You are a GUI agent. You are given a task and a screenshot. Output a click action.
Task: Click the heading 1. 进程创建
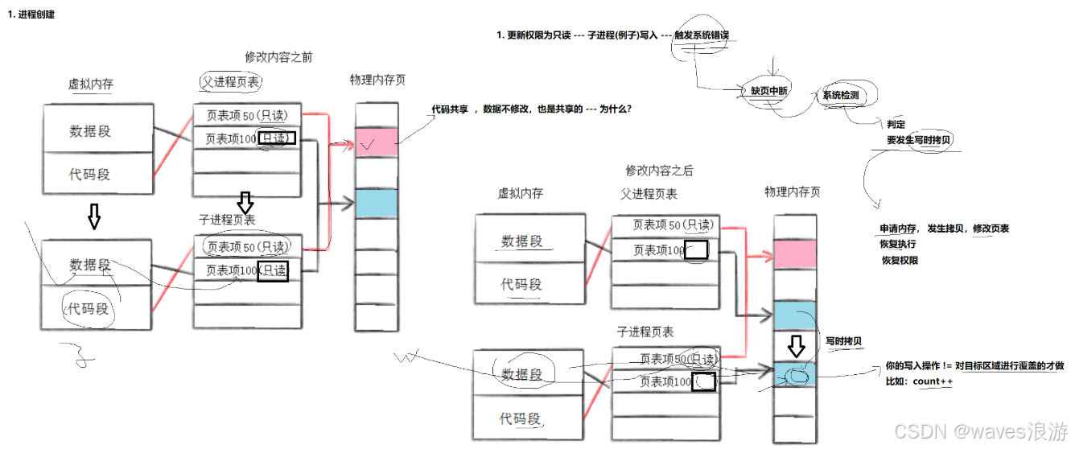pos(31,14)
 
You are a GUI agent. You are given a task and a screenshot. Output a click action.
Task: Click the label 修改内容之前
pos(278,57)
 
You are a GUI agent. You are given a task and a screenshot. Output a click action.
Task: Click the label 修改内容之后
pos(659,171)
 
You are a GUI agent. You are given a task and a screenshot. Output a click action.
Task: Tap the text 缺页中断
pos(769,92)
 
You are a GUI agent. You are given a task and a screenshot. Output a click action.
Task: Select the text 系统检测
pos(840,95)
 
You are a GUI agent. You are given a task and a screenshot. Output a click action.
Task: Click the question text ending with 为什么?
pos(532,108)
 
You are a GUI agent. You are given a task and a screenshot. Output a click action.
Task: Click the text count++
pos(932,381)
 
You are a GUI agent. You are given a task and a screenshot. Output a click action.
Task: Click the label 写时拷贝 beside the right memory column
pos(844,341)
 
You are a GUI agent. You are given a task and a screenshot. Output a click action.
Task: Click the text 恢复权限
pos(900,260)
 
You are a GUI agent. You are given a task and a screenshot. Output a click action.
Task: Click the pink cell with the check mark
pos(377,142)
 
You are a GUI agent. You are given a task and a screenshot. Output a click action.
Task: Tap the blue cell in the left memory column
pos(377,203)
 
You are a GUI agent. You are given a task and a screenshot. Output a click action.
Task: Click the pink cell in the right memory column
pos(795,255)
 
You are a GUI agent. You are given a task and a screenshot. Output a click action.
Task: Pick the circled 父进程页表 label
pos(230,82)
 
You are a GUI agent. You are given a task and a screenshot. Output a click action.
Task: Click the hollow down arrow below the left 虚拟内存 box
pos(94,216)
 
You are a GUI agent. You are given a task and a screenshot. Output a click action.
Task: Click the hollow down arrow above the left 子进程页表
pos(246,201)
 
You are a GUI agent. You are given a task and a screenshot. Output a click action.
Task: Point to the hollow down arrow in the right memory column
pos(796,347)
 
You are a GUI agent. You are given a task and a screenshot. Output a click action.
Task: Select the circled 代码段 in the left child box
pos(89,309)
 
